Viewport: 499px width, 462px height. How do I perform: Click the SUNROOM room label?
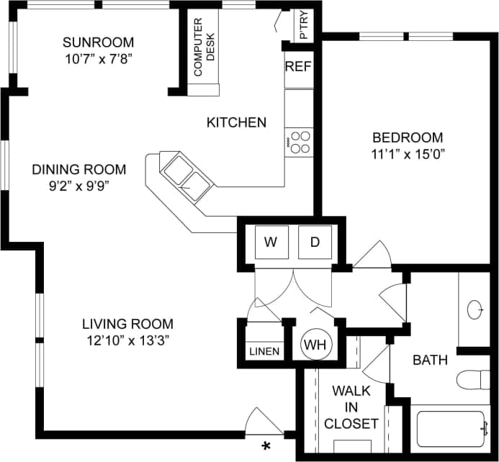point(98,42)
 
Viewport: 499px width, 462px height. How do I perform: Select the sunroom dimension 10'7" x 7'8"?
point(98,56)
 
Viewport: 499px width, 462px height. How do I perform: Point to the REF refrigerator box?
point(298,67)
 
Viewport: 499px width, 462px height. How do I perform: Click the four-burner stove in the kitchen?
point(299,141)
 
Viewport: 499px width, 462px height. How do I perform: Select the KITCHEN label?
point(236,122)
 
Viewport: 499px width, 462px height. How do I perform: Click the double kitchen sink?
point(186,177)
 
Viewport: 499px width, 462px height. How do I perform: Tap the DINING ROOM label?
point(79,170)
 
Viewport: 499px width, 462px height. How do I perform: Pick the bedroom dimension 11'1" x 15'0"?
point(408,153)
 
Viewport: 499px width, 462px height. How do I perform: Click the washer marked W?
point(271,242)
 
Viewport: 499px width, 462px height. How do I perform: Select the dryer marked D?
point(315,242)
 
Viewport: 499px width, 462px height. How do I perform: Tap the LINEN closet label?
point(263,352)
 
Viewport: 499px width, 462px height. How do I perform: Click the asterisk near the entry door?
point(266,446)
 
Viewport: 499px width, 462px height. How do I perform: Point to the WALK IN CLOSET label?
point(351,407)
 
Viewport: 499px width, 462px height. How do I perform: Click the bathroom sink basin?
point(476,309)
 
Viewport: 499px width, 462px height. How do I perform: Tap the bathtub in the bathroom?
point(454,430)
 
